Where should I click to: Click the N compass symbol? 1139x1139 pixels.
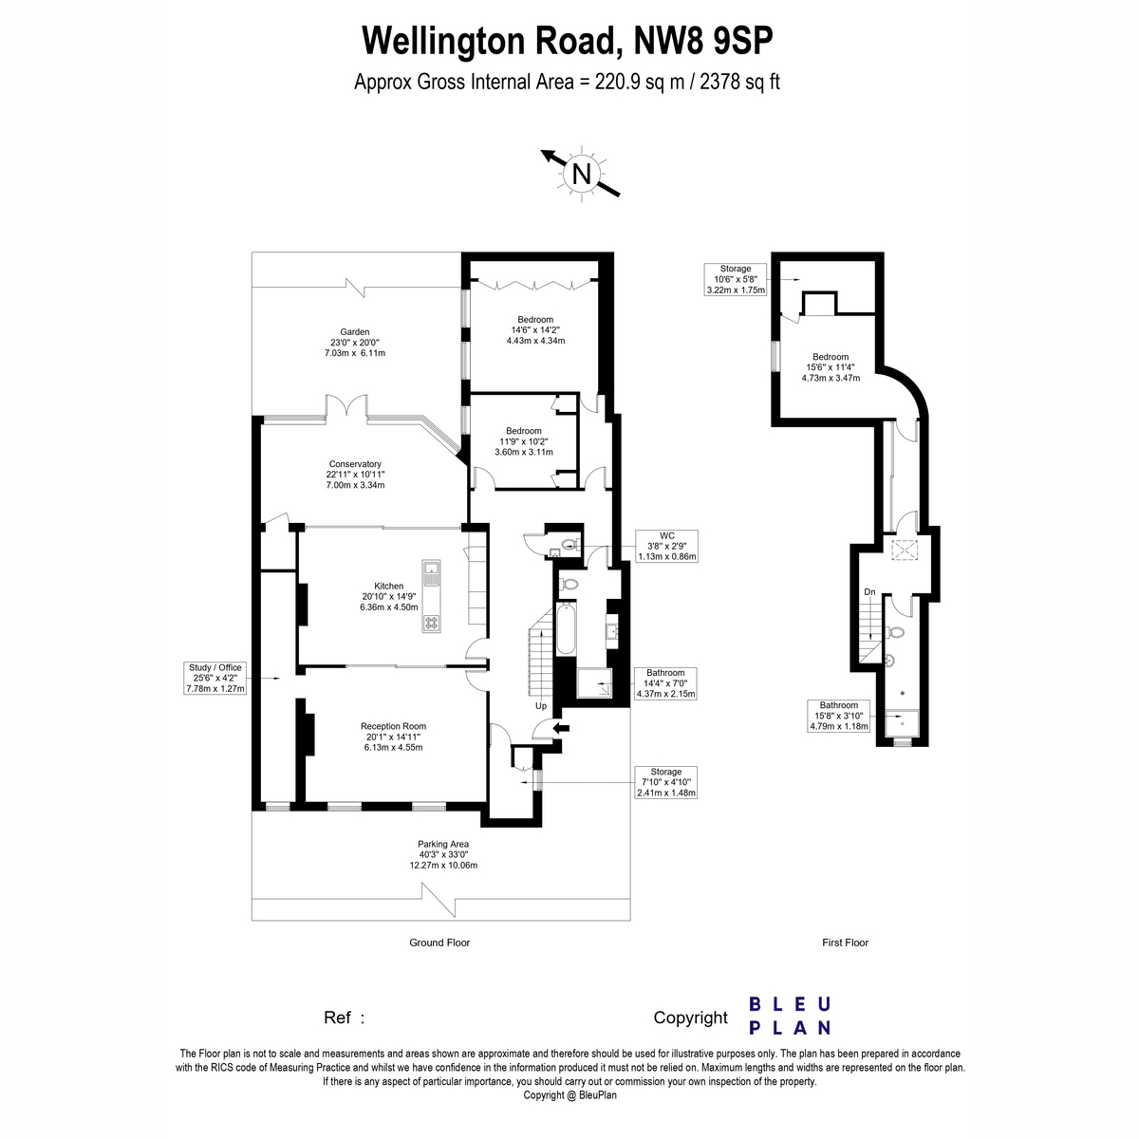(x=582, y=174)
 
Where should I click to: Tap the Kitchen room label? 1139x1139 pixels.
(x=388, y=596)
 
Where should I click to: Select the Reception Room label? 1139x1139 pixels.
(x=393, y=737)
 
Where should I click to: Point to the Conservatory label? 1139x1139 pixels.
(x=355, y=475)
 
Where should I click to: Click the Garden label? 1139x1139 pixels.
(x=355, y=343)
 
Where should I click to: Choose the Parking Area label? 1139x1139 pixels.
(x=443, y=854)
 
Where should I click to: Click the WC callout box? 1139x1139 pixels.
(x=666, y=546)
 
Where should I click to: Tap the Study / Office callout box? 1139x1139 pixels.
(x=215, y=678)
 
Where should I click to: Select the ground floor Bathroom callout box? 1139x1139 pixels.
(x=665, y=683)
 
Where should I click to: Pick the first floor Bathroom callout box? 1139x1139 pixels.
(x=839, y=716)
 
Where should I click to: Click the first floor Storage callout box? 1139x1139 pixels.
(x=736, y=280)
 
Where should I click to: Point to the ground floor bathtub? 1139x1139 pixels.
(x=566, y=628)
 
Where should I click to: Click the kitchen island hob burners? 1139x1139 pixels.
(x=432, y=622)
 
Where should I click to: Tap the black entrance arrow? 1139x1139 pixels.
(x=560, y=728)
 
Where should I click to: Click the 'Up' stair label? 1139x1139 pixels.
(x=541, y=706)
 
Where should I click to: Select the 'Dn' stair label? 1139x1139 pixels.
(x=869, y=591)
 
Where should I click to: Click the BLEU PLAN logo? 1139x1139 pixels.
(x=790, y=1017)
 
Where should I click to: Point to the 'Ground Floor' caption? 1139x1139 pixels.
(x=439, y=943)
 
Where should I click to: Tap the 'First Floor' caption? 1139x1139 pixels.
(x=846, y=943)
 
